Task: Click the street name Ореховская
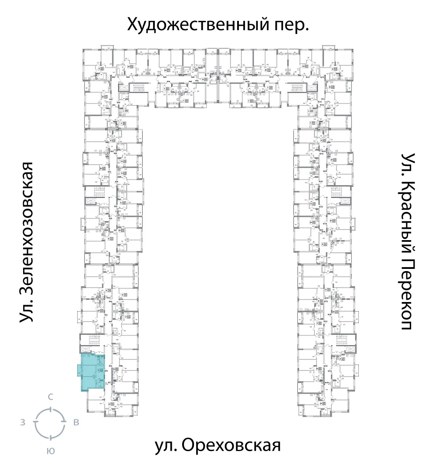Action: pyautogui.click(x=229, y=446)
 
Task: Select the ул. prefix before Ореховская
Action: pyautogui.click(x=166, y=447)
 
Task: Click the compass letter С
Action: pyautogui.click(x=51, y=397)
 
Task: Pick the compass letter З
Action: pyautogui.click(x=22, y=422)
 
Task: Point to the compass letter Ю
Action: pyautogui.click(x=51, y=451)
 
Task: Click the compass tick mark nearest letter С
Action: pyautogui.click(x=51, y=409)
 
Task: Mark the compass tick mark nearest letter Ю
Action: pyautogui.click(x=51, y=437)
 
